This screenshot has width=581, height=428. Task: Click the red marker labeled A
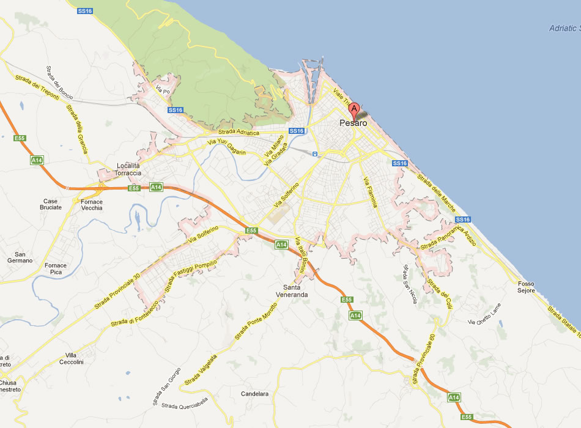354,111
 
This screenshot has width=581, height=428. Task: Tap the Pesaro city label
353,124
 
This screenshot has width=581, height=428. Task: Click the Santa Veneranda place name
295,291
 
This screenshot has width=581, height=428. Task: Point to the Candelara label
255,394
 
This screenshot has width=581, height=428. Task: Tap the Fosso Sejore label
525,287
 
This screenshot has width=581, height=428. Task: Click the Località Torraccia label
128,169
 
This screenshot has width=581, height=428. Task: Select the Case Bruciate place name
52,204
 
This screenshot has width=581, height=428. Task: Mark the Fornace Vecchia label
92,205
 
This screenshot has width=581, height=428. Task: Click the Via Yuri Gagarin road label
227,147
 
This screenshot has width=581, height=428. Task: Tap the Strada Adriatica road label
239,133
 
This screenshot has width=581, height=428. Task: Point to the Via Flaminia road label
371,192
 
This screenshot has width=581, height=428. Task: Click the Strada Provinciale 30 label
117,290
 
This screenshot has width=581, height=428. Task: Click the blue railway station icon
314,154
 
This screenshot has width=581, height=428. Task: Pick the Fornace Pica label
56,268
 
